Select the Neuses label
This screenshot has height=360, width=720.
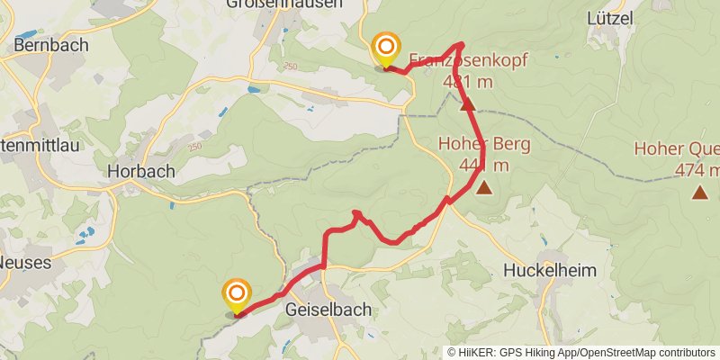coord(28,262)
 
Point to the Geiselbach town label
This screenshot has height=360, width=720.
coord(328,309)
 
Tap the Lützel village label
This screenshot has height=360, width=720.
coord(610,18)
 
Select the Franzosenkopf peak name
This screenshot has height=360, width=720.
coord(467,61)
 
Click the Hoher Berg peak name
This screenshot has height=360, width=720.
coord(484,144)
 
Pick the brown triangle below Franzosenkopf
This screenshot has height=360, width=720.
coord(467,105)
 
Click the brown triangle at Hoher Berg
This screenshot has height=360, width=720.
coord(484,188)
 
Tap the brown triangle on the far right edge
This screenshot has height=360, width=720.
coord(700,192)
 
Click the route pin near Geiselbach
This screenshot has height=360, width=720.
coord(237,296)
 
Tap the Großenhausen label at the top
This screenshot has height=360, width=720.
coord(297,4)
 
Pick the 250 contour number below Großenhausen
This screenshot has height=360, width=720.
coord(290,67)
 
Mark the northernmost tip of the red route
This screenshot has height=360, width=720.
coord(460,43)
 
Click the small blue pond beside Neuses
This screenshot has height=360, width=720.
coord(85,237)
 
